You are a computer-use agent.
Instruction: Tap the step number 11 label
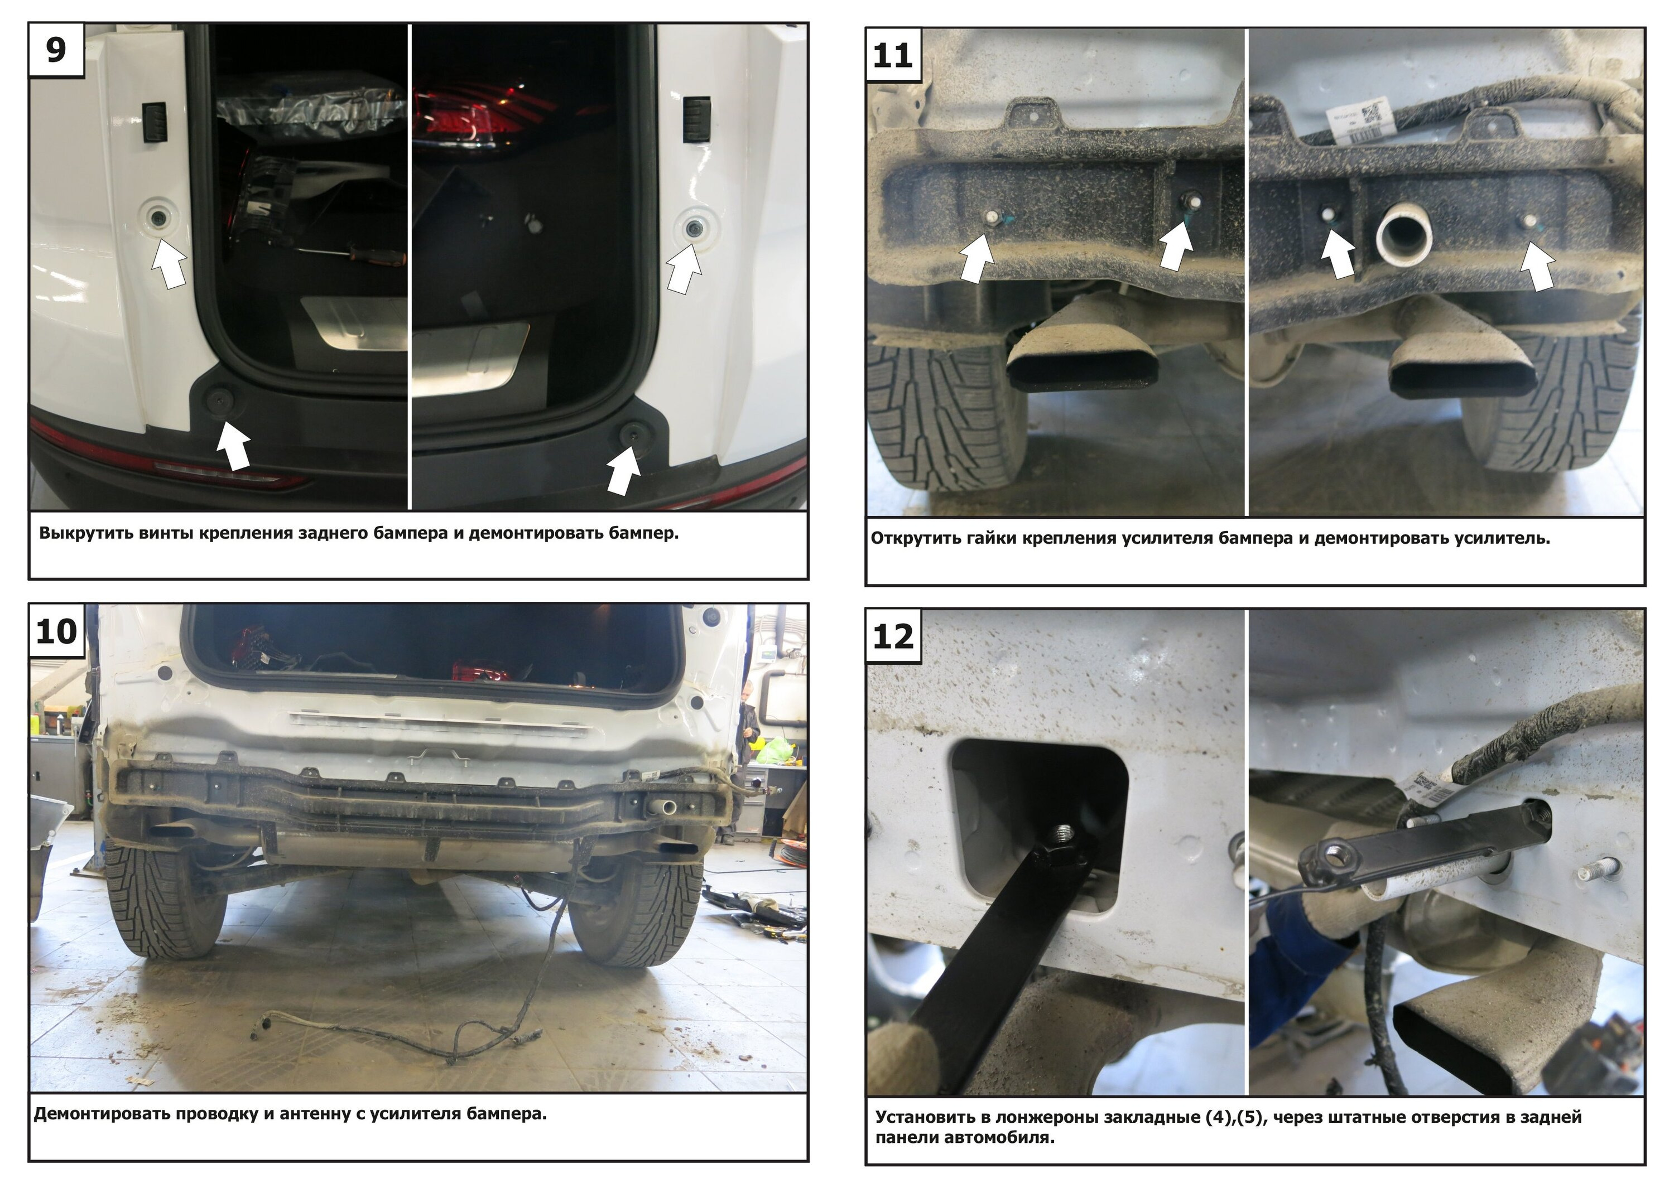[892, 55]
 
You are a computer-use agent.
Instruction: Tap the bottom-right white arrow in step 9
[623, 470]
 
